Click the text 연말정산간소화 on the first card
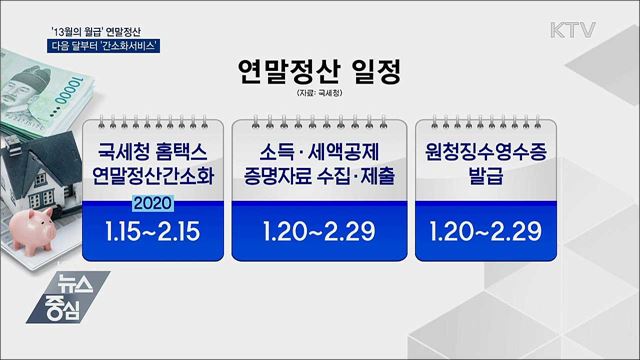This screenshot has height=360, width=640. click(146, 178)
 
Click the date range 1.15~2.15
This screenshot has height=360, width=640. click(146, 232)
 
